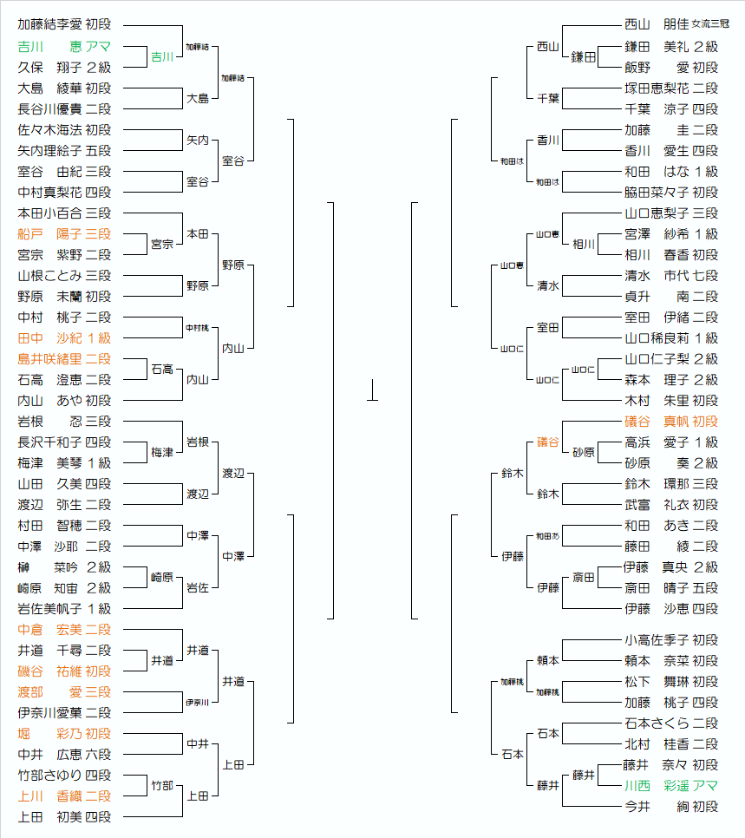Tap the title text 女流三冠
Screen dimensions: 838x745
(710, 25)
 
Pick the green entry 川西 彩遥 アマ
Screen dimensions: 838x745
(671, 785)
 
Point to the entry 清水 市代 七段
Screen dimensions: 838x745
(671, 275)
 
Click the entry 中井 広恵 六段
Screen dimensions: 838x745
(64, 754)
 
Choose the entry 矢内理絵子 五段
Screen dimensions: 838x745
(64, 150)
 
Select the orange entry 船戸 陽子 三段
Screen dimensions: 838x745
(64, 233)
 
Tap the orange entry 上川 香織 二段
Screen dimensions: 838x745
(64, 795)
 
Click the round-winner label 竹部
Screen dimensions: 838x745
(162, 785)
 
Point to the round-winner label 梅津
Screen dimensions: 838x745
(162, 452)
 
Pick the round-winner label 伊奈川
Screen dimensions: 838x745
(197, 702)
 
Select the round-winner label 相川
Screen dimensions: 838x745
(584, 244)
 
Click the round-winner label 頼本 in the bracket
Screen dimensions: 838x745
(548, 660)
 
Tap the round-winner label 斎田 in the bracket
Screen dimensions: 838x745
(584, 577)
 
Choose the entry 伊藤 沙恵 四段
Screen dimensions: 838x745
(671, 608)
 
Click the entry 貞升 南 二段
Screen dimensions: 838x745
(671, 296)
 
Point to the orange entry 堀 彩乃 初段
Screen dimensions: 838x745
(64, 733)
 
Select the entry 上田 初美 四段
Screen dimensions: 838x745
(64, 816)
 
